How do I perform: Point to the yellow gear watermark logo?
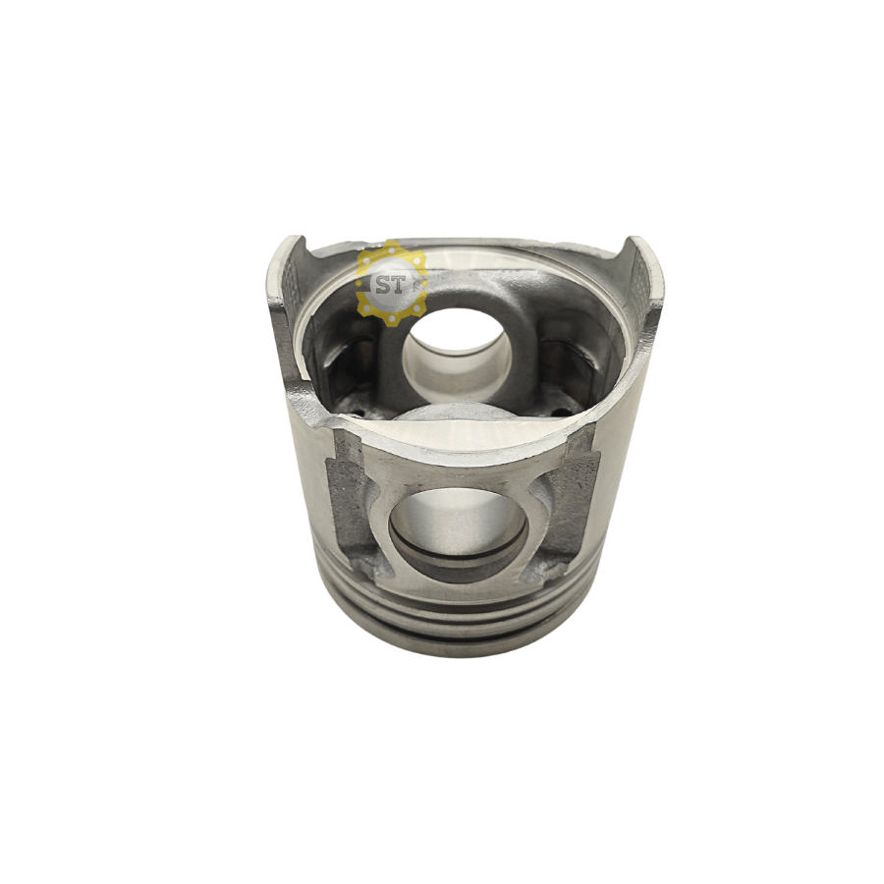point(391,280)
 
